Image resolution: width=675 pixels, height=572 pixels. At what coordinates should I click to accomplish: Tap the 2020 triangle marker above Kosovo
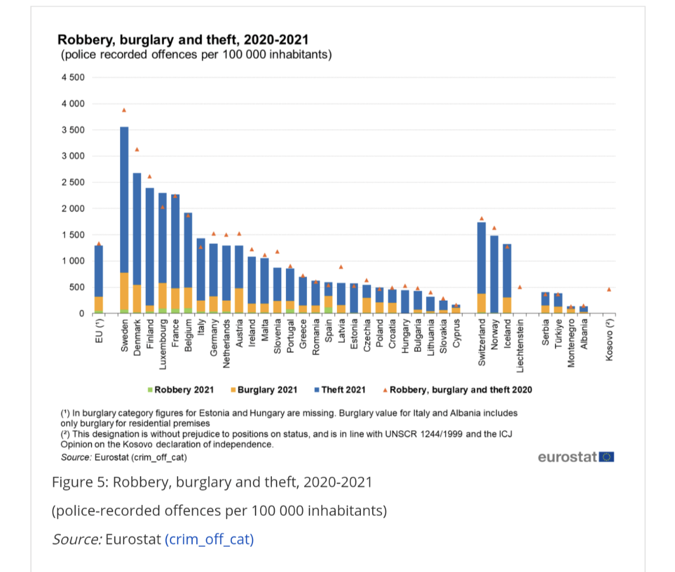pos(609,289)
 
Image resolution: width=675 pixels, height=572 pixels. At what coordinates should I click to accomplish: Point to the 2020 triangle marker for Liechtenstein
pos(520,287)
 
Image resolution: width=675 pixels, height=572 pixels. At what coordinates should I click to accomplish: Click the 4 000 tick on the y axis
pos(73,104)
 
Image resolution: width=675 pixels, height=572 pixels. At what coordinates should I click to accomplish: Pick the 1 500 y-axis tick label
pos(73,235)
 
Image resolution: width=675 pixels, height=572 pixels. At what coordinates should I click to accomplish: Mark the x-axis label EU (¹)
pos(99,330)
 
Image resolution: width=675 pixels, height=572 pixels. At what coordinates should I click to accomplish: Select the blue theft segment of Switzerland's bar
pos(482,258)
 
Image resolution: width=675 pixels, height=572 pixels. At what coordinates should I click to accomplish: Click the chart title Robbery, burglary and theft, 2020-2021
pos(183,40)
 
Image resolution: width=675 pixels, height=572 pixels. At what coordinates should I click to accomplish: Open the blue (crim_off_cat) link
pos(209,539)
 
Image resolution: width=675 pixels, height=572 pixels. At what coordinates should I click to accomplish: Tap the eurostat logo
pos(575,457)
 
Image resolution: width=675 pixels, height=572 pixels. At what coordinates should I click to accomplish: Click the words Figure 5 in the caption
pos(78,482)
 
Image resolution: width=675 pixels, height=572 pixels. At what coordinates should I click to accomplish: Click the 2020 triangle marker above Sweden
pos(124,110)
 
